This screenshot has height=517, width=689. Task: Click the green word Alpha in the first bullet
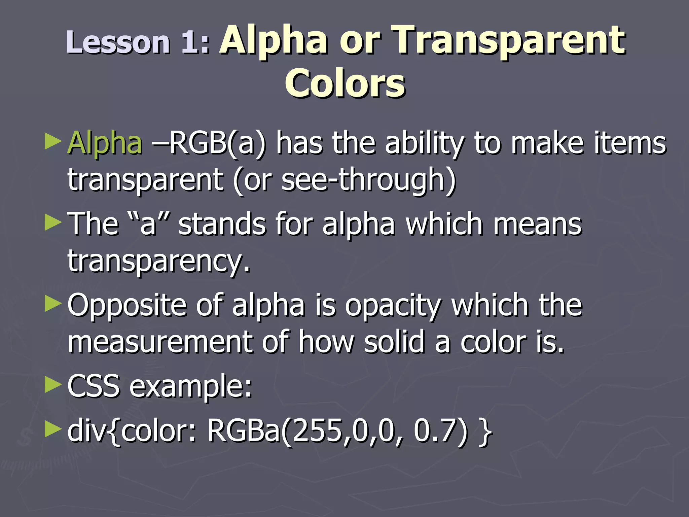105,143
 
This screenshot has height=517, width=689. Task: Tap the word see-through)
368,180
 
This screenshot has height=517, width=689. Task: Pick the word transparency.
159,261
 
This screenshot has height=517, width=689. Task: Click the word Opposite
127,306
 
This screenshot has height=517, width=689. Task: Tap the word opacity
393,306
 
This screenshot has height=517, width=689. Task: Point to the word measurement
160,342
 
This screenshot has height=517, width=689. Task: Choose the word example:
191,386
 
